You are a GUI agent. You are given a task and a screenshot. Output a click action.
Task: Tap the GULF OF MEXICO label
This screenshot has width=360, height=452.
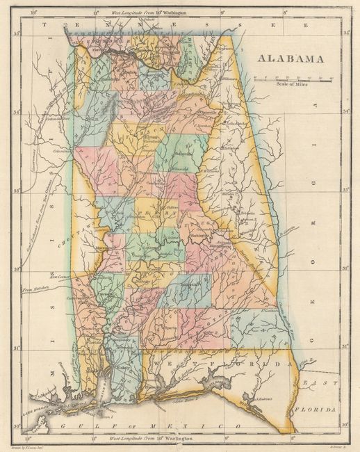[149, 425]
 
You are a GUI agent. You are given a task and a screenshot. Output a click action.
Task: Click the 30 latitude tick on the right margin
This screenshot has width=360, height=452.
[343, 423]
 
